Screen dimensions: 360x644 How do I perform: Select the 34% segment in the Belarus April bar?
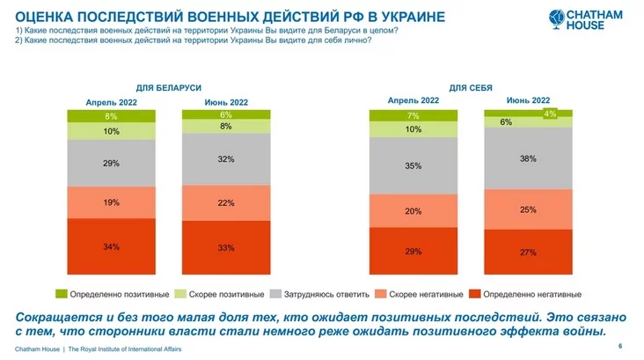112,246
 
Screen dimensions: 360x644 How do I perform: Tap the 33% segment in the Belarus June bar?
226,248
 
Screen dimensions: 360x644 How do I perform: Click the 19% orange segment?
112,202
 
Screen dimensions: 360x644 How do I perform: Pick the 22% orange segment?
226,202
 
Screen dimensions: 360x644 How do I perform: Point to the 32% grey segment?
226,159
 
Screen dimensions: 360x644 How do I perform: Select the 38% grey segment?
528,159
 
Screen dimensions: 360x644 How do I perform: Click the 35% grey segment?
413,165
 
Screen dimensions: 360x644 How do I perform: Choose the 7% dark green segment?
413,115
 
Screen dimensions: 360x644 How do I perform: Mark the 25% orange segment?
528,209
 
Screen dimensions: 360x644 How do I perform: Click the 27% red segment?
528,252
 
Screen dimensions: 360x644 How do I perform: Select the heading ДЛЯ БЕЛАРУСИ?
169,88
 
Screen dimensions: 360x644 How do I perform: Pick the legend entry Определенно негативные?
534,293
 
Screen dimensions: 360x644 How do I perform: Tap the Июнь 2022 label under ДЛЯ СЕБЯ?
528,100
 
